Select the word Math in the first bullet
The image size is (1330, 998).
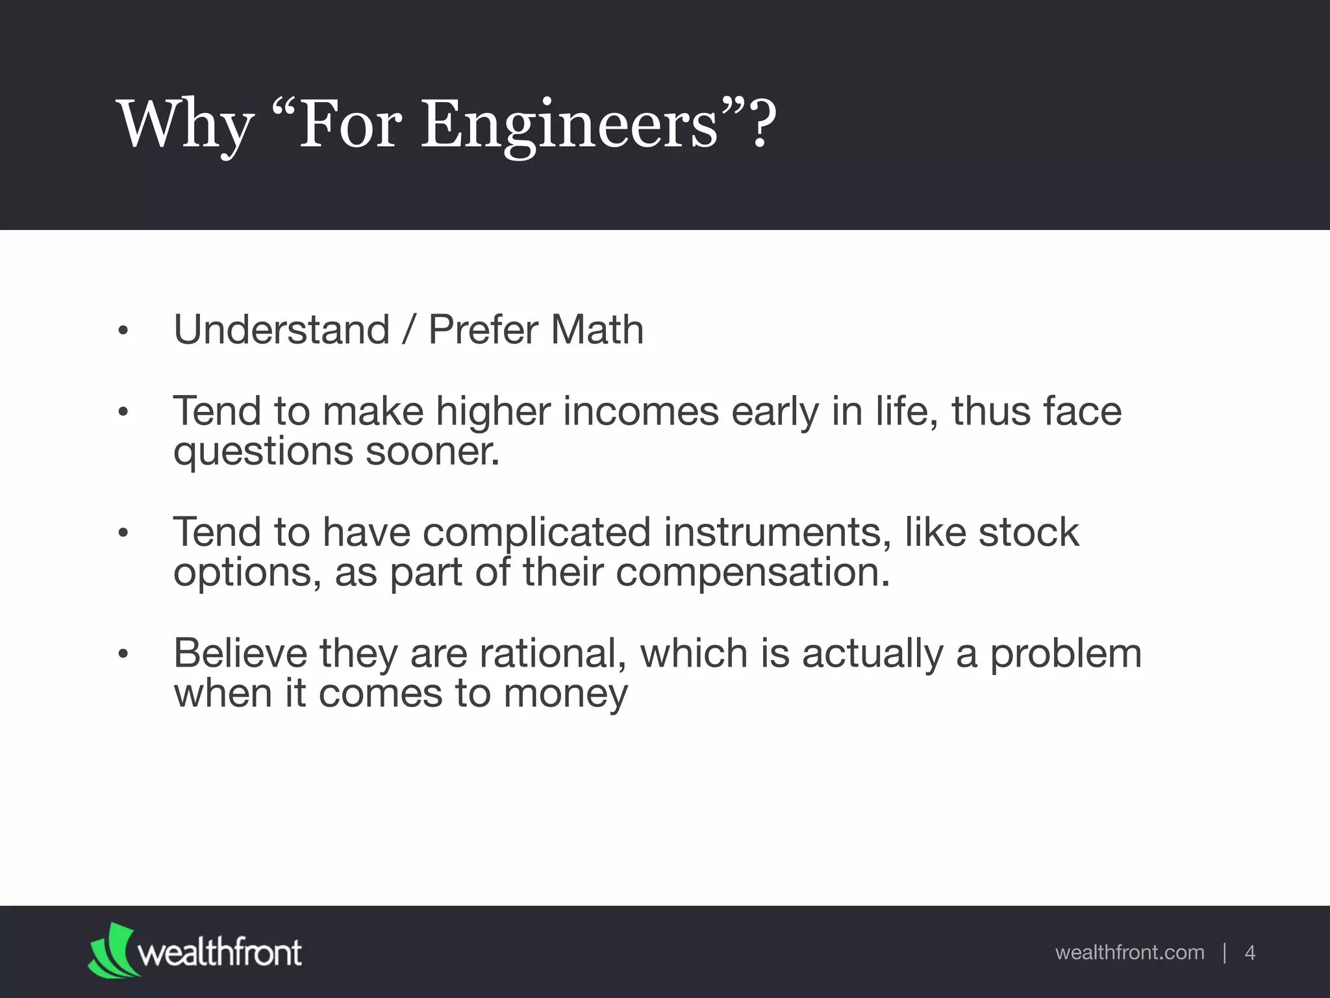tap(597, 329)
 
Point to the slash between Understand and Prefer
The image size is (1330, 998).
tap(408, 329)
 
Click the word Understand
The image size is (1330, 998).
tap(281, 329)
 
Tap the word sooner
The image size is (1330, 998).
tap(433, 450)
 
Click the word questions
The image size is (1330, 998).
tap(263, 452)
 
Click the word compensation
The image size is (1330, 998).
tap(752, 572)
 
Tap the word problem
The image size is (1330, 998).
tap(1065, 654)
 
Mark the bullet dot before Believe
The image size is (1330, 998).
tap(123, 655)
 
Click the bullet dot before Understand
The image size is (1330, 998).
tap(123, 332)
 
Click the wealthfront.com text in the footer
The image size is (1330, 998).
tap(1129, 953)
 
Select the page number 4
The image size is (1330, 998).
tap(1249, 953)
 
